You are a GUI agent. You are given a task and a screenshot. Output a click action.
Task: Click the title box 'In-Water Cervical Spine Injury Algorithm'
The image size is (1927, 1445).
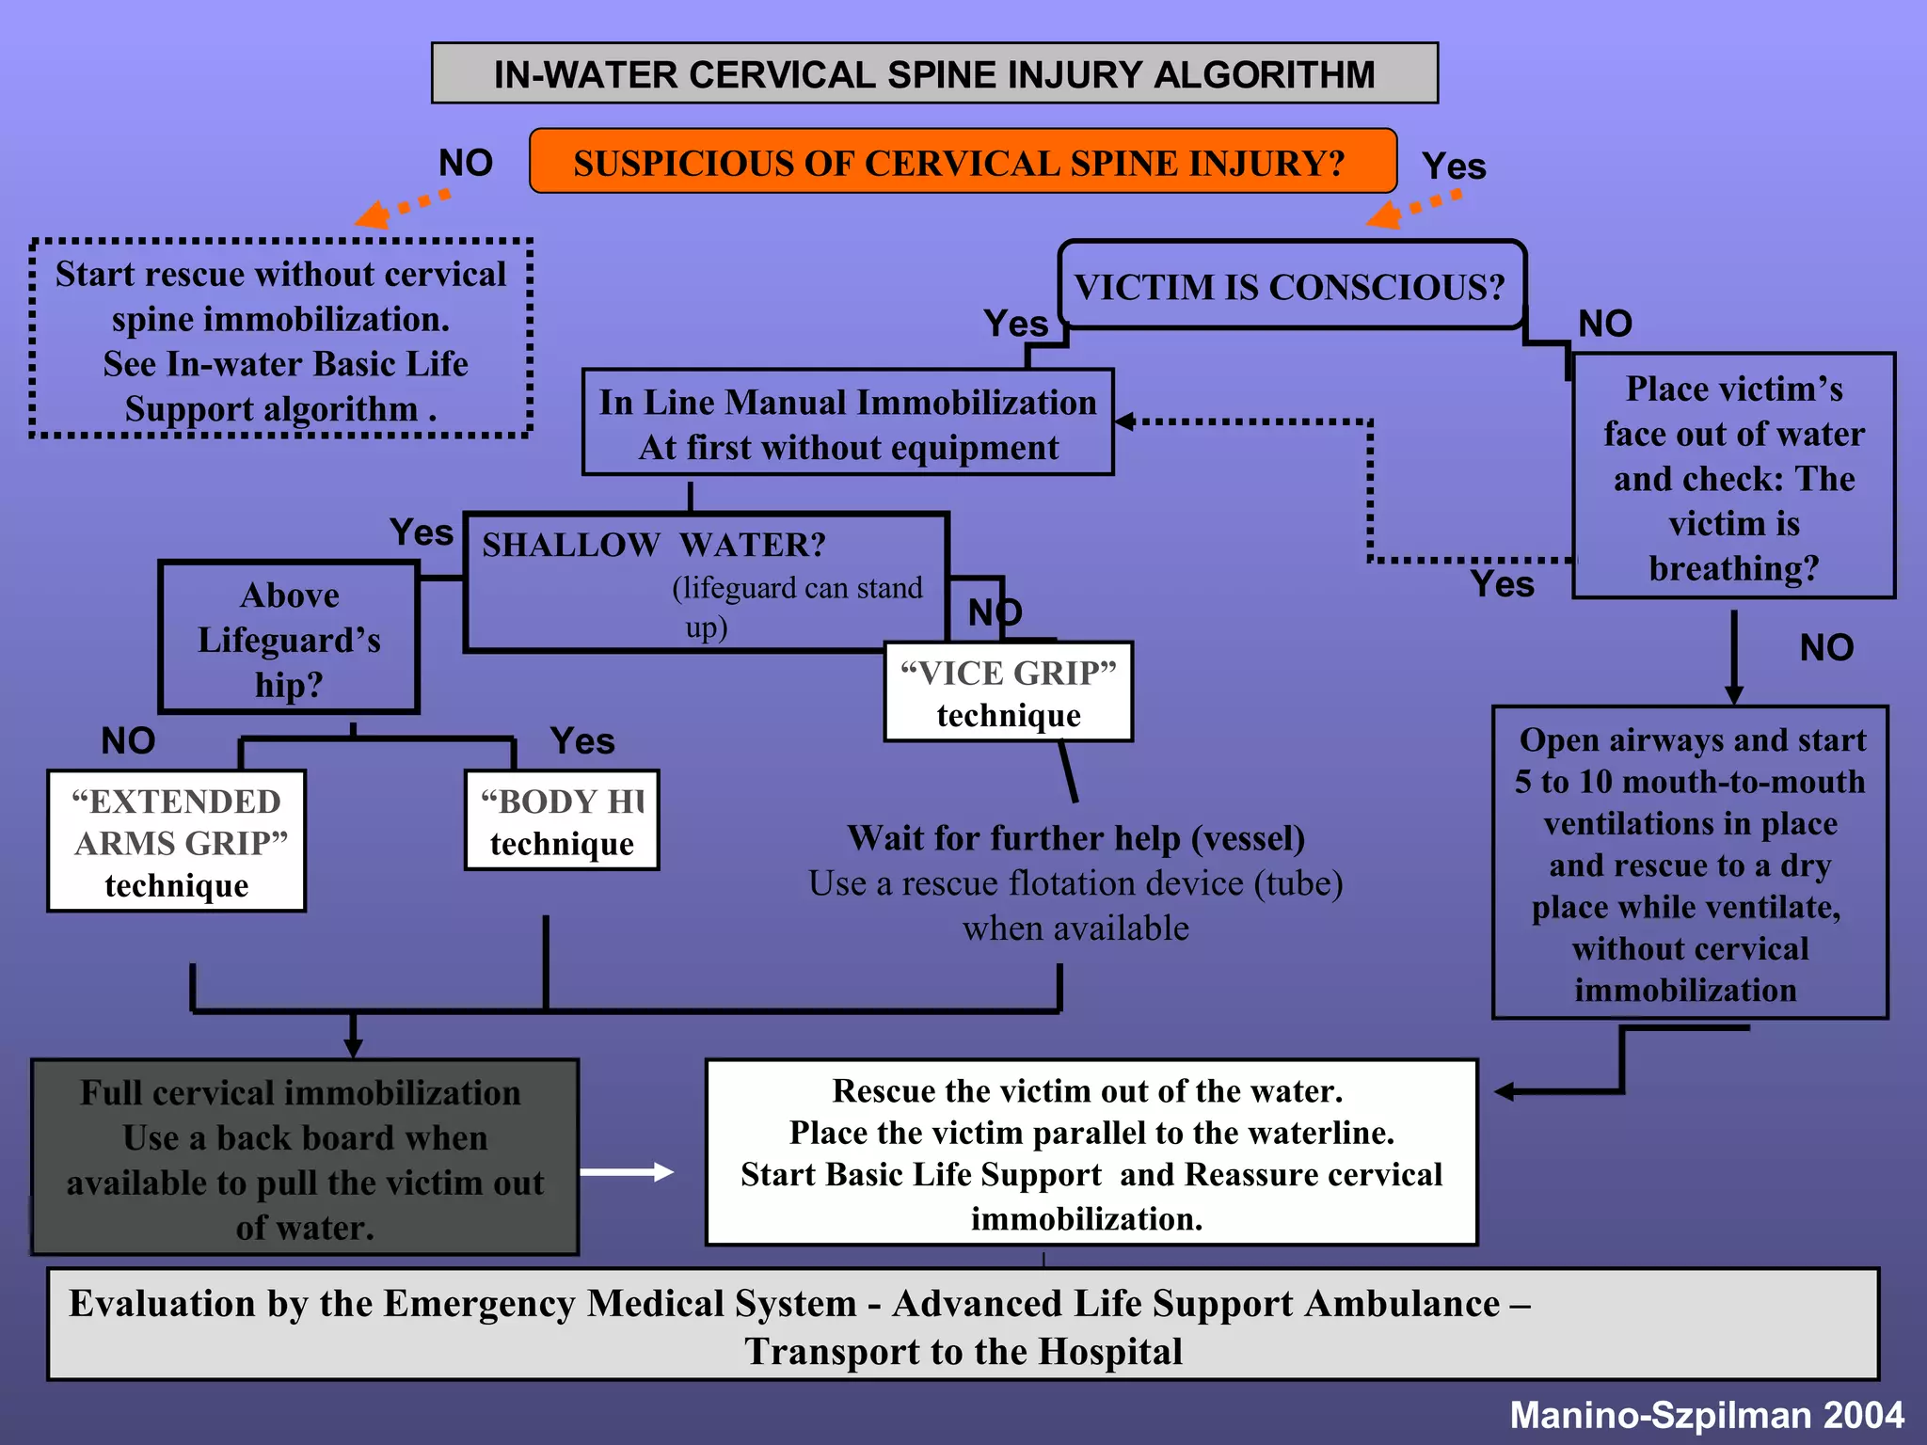[x=933, y=73]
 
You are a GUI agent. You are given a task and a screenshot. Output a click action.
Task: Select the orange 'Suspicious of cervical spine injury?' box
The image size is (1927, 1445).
[x=962, y=162]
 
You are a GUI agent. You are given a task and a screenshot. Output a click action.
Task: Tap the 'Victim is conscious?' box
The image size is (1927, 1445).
[x=1290, y=286]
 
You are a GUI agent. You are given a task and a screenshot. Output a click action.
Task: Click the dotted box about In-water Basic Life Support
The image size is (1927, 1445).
[x=280, y=340]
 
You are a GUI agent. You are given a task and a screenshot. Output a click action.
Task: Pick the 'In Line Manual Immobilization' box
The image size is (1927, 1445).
[x=848, y=423]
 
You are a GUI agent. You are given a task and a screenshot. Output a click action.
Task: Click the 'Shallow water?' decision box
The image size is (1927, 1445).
[x=706, y=581]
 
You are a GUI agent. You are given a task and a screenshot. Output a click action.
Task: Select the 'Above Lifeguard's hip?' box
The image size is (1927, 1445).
[x=289, y=639]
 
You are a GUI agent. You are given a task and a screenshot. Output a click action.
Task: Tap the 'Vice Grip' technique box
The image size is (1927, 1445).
[x=1008, y=692]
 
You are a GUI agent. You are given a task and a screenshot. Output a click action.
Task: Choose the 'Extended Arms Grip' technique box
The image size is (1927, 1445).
[x=177, y=841]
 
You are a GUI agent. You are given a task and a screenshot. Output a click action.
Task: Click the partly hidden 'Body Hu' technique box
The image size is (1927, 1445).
[x=562, y=820]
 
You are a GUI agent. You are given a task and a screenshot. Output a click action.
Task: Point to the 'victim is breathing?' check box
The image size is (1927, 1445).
[x=1733, y=477]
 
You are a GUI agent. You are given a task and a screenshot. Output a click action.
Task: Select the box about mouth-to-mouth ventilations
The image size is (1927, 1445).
[x=1690, y=863]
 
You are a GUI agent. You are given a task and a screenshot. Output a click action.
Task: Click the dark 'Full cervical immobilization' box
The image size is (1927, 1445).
[x=305, y=1158]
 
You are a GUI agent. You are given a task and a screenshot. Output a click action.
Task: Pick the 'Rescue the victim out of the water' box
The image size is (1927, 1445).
[x=1091, y=1152]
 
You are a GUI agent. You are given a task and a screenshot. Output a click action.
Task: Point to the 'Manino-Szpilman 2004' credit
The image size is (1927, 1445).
[x=1706, y=1414]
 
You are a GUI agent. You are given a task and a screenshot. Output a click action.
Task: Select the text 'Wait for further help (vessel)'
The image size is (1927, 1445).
[x=1075, y=837]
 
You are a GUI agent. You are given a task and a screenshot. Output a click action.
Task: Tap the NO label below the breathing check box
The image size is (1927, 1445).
[x=1825, y=647]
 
